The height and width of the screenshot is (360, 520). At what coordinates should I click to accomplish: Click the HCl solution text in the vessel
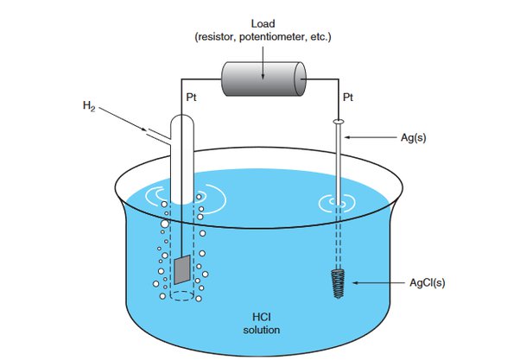263,323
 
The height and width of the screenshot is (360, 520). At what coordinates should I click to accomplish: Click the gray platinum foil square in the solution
181,269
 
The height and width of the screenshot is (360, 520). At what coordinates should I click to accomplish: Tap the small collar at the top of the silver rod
338,122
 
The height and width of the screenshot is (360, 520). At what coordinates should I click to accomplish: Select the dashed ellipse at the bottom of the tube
181,296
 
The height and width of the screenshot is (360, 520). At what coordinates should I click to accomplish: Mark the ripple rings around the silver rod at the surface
338,205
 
